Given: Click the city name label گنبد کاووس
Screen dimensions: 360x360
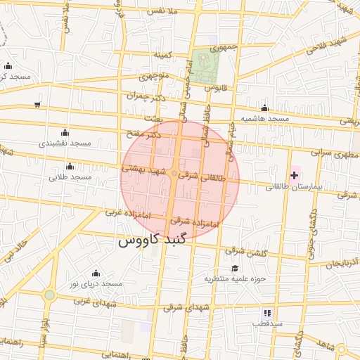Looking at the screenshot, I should click(x=152, y=240).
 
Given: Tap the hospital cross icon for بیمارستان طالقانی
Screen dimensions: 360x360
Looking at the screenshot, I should click(x=294, y=174).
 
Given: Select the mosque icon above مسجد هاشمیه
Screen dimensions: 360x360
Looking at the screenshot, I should click(x=264, y=108).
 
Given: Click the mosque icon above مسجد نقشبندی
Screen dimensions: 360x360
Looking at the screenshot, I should click(x=65, y=132).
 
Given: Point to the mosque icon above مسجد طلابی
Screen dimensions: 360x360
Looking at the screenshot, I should click(x=70, y=166).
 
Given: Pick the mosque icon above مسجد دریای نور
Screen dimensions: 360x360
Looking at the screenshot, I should click(x=96, y=273).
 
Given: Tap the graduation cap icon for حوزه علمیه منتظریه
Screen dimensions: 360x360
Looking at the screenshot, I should click(x=235, y=268).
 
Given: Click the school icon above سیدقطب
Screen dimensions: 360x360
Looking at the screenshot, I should click(x=267, y=312).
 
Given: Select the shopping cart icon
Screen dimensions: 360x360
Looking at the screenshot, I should click(x=37, y=105).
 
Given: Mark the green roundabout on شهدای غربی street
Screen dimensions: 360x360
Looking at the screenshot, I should click(x=49, y=295).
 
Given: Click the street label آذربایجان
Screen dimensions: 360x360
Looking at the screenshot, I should click(x=345, y=262).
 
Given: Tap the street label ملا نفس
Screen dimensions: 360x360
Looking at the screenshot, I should click(x=169, y=11).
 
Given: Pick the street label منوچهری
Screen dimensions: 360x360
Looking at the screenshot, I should click(x=153, y=75).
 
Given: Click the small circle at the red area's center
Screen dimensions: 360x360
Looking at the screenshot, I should click(x=175, y=174).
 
